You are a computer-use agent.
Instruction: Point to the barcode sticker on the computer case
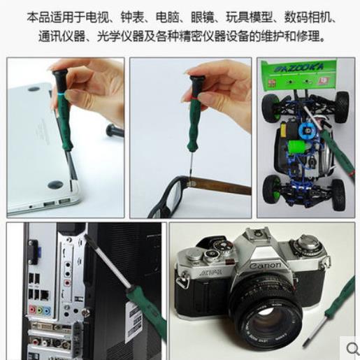[x=134, y=322]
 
